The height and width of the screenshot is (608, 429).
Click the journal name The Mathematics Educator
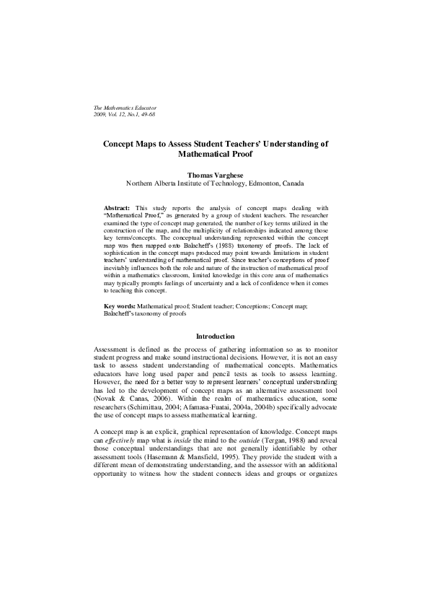point(125,108)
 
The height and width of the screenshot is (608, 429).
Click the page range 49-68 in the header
point(143,114)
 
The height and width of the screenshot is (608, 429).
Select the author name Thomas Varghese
point(215,175)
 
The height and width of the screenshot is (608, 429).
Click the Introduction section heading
point(215,336)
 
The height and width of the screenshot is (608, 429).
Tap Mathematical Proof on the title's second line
point(215,155)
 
